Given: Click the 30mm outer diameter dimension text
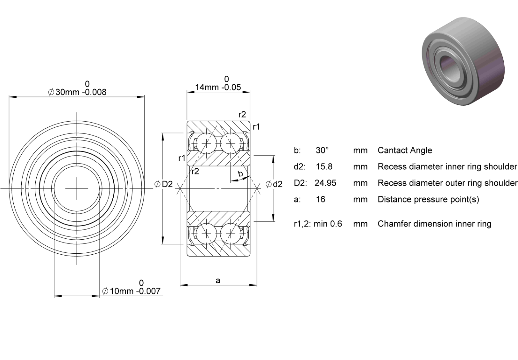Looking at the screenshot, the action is [x=77, y=92].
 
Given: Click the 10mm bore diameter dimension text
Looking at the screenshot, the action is [x=131, y=291].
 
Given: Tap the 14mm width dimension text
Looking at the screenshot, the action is [x=218, y=87].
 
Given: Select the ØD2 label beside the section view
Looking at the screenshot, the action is [x=164, y=184].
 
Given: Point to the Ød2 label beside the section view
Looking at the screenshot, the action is [x=274, y=184].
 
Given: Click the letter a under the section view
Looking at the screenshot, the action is [x=218, y=281].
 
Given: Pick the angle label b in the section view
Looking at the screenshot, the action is [x=240, y=173].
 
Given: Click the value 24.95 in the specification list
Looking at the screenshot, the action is [x=325, y=183].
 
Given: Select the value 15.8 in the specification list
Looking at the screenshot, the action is [x=324, y=166].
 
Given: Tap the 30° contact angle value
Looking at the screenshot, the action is [x=322, y=150].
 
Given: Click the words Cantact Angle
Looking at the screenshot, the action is [x=405, y=150].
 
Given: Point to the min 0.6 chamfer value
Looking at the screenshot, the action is [x=328, y=223].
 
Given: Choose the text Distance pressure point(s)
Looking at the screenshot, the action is [x=429, y=199].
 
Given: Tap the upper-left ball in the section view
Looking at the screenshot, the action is [x=206, y=144].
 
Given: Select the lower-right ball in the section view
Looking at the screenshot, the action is [x=231, y=234].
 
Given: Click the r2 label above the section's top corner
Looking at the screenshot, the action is [x=242, y=115].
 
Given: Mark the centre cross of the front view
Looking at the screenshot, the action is [x=77, y=189].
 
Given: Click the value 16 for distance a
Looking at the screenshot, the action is [x=321, y=199].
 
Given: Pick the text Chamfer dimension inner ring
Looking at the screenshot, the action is [x=435, y=223].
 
